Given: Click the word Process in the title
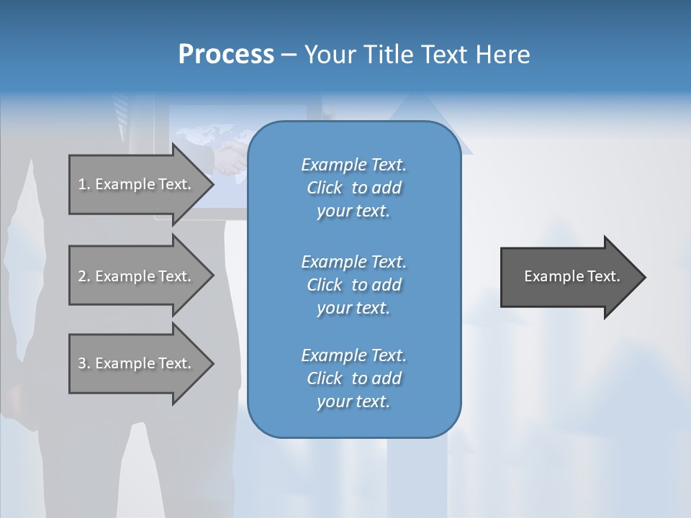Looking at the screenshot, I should coord(226,55).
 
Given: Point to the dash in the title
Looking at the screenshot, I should coord(289,55).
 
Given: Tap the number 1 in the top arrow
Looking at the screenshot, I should coord(82,184).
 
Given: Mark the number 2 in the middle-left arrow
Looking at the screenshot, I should coord(82,276).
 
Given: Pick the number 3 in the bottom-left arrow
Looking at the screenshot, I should coord(82,363).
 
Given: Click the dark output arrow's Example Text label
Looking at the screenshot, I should coord(572,276).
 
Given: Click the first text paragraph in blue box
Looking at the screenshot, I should coord(353,188).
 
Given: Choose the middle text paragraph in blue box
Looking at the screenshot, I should coord(353,285).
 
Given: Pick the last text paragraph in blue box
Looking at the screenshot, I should coord(353,378).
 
